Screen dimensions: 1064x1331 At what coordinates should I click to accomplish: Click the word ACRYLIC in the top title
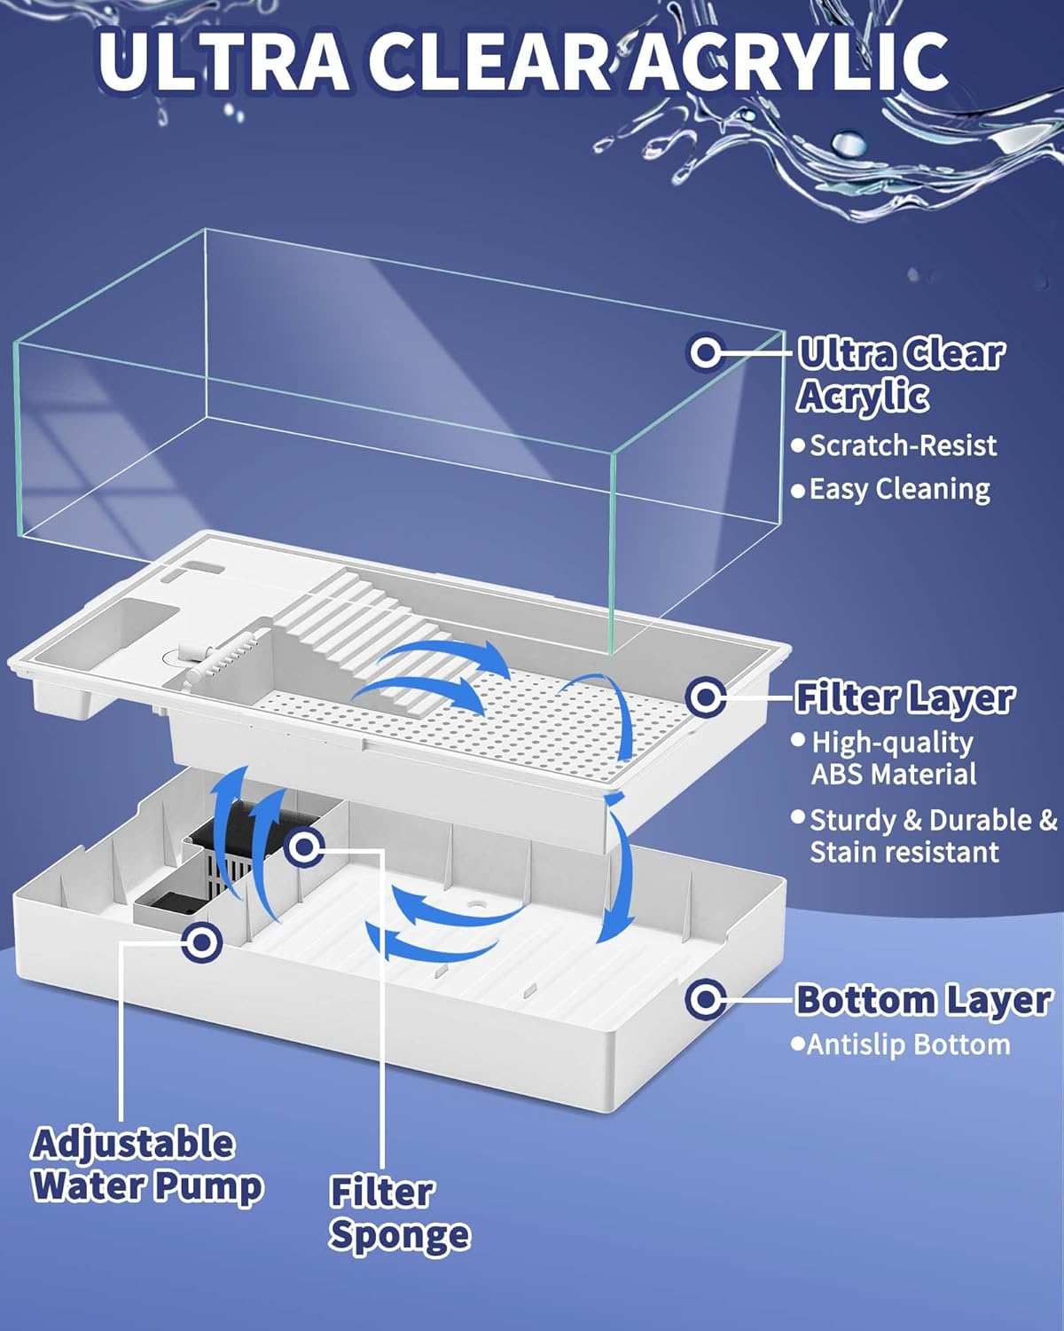(789, 60)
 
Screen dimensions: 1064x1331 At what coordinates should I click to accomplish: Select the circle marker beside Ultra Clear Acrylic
(704, 352)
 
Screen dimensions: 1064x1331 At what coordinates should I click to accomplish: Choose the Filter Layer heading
(904, 697)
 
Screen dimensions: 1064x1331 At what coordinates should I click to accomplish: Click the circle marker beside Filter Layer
(705, 697)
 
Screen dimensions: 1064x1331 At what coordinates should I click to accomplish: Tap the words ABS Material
(894, 775)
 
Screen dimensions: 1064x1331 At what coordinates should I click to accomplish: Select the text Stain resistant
(904, 853)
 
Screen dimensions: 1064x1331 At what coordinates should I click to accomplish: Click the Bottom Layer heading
(923, 999)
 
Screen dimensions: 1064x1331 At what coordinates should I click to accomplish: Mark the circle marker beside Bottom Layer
(706, 999)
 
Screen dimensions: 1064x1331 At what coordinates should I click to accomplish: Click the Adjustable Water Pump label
(147, 1164)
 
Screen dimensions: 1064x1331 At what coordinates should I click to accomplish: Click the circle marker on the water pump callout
(202, 942)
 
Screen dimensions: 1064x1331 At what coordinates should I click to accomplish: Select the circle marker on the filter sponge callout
(304, 847)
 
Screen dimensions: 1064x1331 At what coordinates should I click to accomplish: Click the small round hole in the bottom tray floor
(475, 903)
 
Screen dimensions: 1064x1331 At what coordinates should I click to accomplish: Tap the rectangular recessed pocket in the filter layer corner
(133, 626)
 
